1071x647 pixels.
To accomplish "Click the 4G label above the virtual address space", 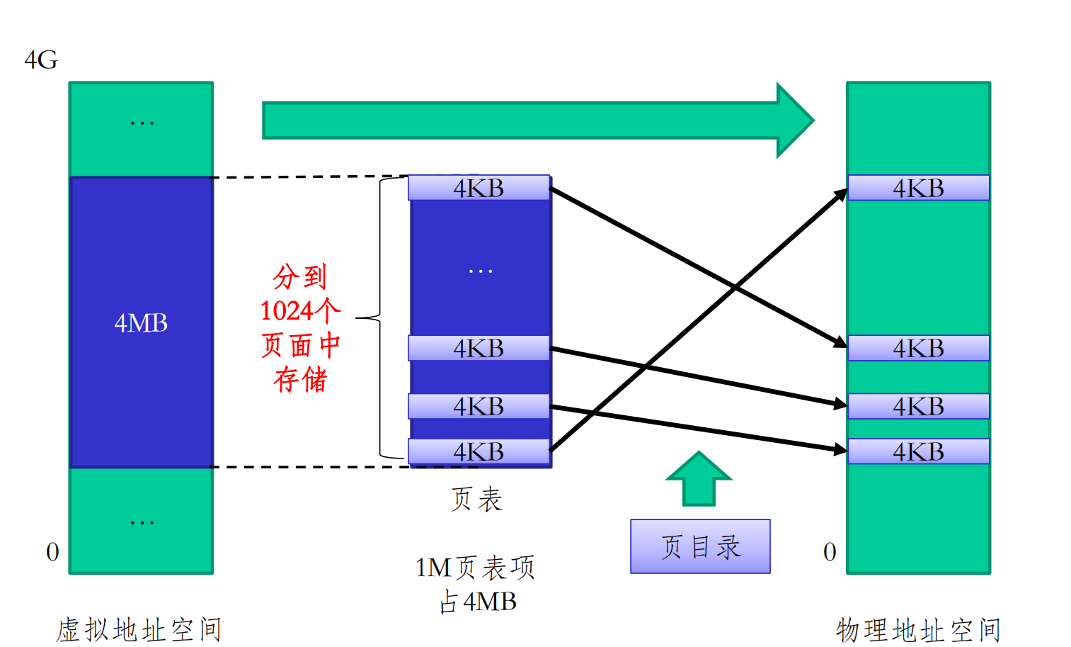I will pyautogui.click(x=41, y=60).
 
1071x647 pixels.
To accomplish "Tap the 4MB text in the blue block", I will pyautogui.click(x=141, y=323).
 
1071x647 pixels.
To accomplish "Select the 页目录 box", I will pyautogui.click(x=700, y=546).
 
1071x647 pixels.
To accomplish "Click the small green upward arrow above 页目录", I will pyautogui.click(x=699, y=479).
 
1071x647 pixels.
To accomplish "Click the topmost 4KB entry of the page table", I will pyautogui.click(x=479, y=188).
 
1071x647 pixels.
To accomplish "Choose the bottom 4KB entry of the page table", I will pyautogui.click(x=479, y=451).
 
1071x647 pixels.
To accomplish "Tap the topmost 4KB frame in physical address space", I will pyautogui.click(x=918, y=188).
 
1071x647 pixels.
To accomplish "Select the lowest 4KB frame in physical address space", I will pyautogui.click(x=918, y=451).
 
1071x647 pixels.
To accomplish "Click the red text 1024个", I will pyautogui.click(x=300, y=310).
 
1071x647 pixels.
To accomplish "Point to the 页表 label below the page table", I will pyautogui.click(x=477, y=499).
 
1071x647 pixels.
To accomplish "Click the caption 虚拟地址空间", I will pyautogui.click(x=139, y=629).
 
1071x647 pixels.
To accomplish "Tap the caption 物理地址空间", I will pyautogui.click(x=918, y=629).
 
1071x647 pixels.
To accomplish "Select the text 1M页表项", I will pyautogui.click(x=475, y=568).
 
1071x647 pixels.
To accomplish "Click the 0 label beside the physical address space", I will pyautogui.click(x=830, y=552).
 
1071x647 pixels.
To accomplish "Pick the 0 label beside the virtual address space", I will pyautogui.click(x=52, y=552).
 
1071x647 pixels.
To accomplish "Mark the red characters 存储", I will pyautogui.click(x=301, y=379).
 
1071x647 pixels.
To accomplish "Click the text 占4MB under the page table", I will pyautogui.click(x=478, y=602).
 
